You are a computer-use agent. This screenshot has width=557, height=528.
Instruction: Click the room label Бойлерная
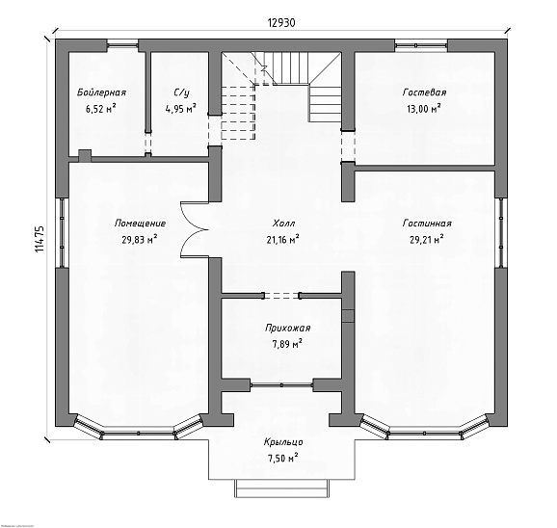(x=101, y=92)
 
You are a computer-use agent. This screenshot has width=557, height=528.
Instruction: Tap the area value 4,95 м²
(x=181, y=108)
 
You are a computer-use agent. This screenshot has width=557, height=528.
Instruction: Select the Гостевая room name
(x=425, y=92)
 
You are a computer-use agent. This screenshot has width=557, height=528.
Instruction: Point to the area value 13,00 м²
(x=424, y=108)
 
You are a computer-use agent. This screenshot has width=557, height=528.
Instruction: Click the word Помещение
(x=140, y=224)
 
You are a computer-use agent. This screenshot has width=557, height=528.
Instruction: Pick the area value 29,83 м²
(x=140, y=240)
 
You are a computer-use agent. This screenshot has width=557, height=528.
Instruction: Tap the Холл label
(x=283, y=224)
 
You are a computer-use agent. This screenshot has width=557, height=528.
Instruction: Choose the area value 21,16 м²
(x=282, y=240)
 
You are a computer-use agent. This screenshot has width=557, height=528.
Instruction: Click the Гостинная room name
(x=427, y=224)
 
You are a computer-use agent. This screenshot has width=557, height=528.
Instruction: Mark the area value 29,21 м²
(x=427, y=240)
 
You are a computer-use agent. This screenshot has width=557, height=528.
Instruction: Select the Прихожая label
(x=288, y=328)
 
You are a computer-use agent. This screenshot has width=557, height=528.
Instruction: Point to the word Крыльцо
(x=283, y=442)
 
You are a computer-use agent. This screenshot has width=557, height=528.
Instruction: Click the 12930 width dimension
(x=281, y=23)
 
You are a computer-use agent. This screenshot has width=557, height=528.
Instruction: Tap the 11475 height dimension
(x=40, y=239)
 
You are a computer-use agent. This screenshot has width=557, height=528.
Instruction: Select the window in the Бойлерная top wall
(x=122, y=45)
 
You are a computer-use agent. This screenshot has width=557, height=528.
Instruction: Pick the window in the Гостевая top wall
(x=421, y=45)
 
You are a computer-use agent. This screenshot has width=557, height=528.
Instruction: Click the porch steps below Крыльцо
(x=280, y=488)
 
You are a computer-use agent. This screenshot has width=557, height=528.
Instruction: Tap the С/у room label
(x=181, y=92)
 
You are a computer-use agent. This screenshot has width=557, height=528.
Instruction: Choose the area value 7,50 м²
(x=282, y=458)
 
